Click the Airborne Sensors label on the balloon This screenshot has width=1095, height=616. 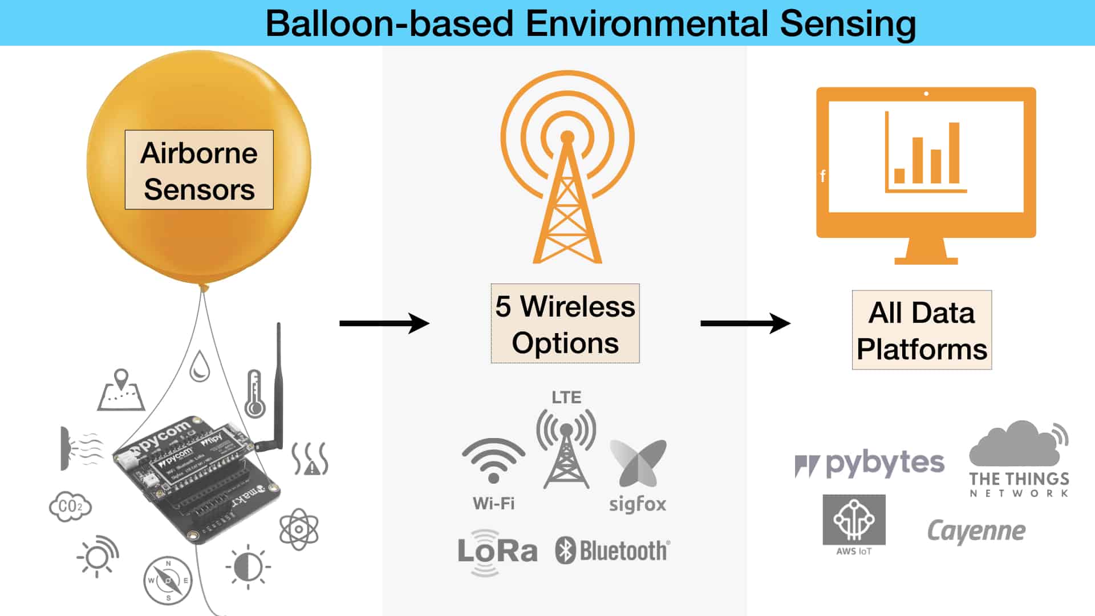[199, 170]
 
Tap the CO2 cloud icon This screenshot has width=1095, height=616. [70, 506]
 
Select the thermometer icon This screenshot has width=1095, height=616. [254, 394]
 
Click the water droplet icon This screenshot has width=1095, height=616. [200, 366]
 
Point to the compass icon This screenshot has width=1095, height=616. [168, 581]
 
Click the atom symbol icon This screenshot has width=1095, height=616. [299, 529]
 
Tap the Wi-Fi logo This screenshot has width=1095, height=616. [493, 462]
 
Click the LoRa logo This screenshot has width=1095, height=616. [497, 552]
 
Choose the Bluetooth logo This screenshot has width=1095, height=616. [613, 551]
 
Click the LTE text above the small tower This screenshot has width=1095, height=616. [566, 398]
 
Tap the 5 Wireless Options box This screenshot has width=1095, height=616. [565, 323]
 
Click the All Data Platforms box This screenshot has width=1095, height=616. [922, 330]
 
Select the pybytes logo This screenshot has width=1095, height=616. [869, 464]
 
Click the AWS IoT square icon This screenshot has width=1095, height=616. [854, 520]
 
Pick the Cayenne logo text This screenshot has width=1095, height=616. [976, 532]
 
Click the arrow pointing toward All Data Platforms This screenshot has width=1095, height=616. [745, 323]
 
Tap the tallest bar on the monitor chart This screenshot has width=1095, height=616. [954, 152]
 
